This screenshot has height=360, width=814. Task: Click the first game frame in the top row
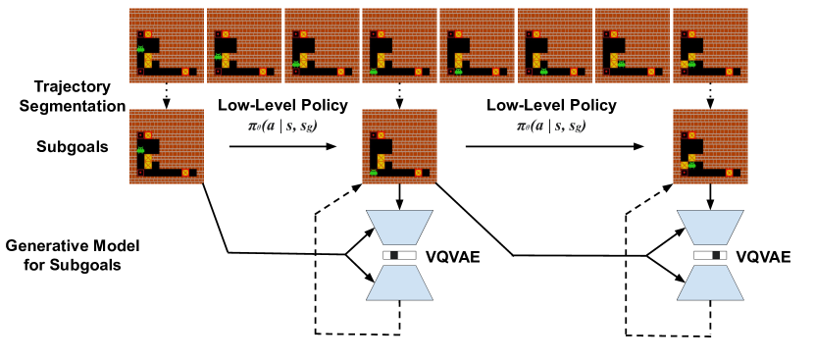click(167, 45)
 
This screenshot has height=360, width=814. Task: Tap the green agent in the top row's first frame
click(140, 49)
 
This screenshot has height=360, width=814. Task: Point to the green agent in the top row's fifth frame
click(458, 72)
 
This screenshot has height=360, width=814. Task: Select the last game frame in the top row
click(710, 45)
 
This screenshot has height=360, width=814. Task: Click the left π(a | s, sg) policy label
click(282, 125)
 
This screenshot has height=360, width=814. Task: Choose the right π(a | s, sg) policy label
click(551, 125)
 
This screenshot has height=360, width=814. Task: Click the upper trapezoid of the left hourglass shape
click(399, 227)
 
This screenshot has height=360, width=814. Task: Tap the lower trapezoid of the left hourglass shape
click(399, 283)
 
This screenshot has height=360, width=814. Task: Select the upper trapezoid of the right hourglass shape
click(710, 227)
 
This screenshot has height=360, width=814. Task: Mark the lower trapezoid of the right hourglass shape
click(710, 283)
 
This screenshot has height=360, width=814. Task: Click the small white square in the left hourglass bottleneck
click(387, 255)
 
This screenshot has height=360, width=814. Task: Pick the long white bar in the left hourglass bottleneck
click(407, 255)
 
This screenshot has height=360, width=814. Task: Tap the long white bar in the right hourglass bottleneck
click(703, 255)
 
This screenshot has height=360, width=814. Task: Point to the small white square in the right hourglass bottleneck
click(723, 255)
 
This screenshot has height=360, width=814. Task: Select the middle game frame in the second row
click(399, 146)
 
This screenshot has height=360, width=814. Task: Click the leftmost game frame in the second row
click(167, 146)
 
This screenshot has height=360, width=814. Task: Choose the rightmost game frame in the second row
click(710, 146)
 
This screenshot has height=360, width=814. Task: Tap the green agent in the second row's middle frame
click(374, 173)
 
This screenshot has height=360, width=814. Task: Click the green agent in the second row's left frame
click(140, 150)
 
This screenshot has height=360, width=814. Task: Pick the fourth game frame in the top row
click(399, 45)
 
